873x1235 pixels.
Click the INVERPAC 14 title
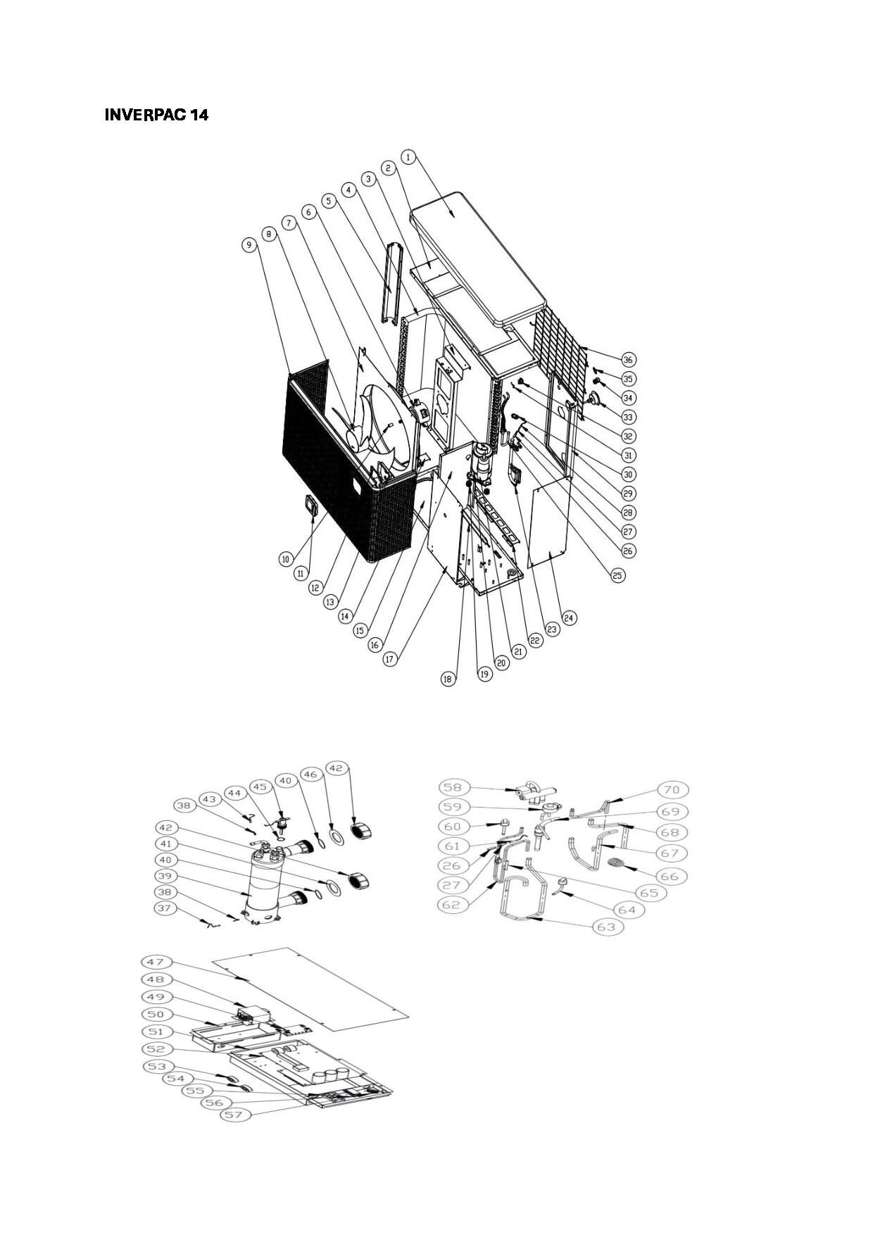click(156, 115)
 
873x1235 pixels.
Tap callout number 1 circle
click(410, 157)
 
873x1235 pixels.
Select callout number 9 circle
click(249, 245)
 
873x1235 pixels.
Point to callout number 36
click(628, 360)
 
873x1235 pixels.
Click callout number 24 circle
click(569, 617)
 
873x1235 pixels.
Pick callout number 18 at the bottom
click(448, 679)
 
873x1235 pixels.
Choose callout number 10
click(285, 559)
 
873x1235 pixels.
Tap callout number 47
click(155, 962)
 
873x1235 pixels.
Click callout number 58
click(453, 788)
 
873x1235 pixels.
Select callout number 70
click(673, 789)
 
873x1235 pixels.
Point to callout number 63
click(606, 927)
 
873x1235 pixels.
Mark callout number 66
click(670, 876)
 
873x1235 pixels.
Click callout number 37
click(165, 908)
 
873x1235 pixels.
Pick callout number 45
click(260, 787)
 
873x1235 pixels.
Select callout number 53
click(156, 1067)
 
